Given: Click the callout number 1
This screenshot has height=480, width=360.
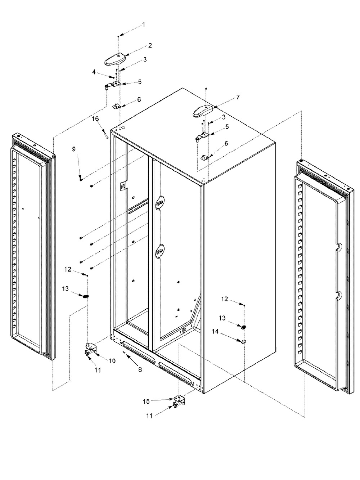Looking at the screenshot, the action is [144, 24].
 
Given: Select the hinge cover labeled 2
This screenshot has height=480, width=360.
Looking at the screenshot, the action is [115, 59].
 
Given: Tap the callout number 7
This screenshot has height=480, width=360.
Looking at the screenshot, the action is [238, 97].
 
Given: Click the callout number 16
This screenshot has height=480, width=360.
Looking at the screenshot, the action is [95, 119].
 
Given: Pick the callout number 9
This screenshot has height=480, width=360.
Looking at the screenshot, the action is [74, 149].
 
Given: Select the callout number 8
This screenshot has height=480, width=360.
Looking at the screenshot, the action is [140, 369].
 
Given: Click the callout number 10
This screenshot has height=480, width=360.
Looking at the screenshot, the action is [112, 360].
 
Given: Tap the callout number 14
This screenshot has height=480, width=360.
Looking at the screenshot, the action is [215, 332].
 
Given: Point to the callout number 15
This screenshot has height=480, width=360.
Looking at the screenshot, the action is [147, 401].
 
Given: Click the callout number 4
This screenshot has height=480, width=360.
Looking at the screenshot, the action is [94, 72].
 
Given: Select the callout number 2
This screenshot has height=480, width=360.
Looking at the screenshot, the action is [150, 45].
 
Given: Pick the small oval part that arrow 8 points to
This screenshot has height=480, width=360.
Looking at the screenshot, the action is [124, 352].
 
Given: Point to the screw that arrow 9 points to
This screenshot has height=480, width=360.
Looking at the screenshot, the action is [81, 179].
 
